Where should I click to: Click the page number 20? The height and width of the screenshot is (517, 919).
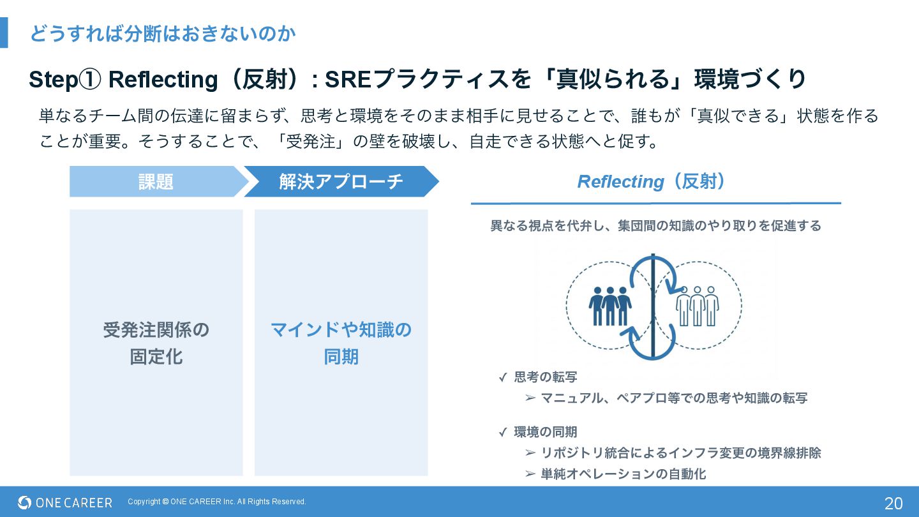point(893,503)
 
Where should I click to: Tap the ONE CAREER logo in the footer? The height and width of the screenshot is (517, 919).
point(65,502)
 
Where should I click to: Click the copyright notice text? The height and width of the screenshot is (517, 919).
point(217,502)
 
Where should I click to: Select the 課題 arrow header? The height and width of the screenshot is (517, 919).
point(156,182)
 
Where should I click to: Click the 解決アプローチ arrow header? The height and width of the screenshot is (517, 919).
point(341,182)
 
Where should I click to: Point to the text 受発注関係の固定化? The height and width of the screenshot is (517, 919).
point(156,343)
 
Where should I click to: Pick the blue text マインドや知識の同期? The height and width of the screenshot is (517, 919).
point(341,343)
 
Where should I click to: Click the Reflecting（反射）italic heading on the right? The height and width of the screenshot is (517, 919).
point(652,182)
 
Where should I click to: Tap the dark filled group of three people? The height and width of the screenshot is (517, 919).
point(609,305)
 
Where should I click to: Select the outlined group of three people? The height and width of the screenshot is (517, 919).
point(697,305)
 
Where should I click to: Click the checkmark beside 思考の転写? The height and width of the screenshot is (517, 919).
point(503,377)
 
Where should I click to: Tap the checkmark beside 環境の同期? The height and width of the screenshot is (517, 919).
point(503,432)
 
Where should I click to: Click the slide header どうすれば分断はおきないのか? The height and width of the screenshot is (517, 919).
point(163,33)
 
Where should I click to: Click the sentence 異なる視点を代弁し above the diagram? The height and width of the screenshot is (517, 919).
point(655,226)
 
